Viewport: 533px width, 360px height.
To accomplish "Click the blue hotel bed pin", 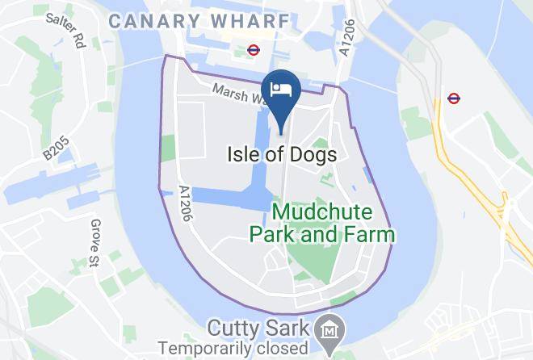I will pos(281,90).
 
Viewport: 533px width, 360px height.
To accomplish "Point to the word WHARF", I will pos(249,21).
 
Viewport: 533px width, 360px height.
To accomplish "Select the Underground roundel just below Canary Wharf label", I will pos(253,49).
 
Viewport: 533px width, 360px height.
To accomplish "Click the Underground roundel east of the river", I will pos(454,99).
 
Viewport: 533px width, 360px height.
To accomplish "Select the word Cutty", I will pos(233,329).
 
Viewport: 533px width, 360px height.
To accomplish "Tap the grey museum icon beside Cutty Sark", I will pos(330,330).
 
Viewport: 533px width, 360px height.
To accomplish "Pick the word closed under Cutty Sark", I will pos(287,349).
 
